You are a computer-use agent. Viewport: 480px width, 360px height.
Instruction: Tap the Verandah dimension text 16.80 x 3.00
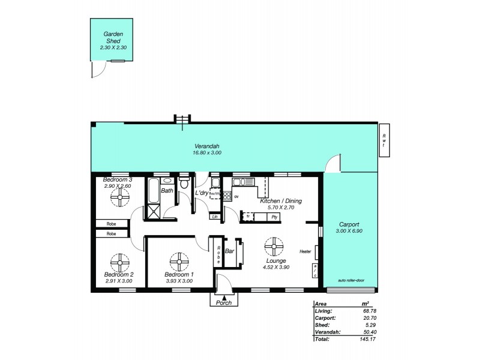[207, 153]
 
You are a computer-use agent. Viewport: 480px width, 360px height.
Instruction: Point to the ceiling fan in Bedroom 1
[179, 262]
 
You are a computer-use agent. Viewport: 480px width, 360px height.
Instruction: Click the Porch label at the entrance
[224, 302]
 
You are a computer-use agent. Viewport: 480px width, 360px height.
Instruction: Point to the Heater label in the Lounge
[305, 251]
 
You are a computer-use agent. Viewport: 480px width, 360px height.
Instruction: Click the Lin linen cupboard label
[214, 216]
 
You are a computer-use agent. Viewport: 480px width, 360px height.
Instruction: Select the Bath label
[167, 191]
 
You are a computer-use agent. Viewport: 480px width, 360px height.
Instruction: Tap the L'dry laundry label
[201, 193]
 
